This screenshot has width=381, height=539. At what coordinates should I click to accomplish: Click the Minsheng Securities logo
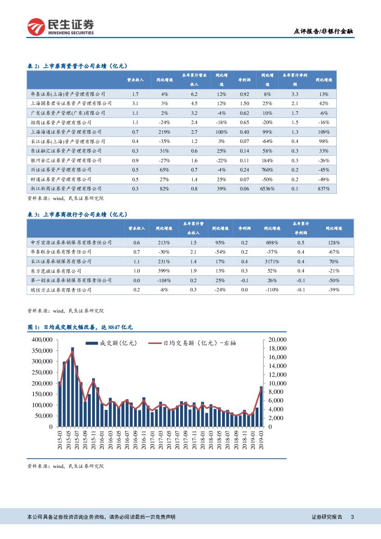(60, 27)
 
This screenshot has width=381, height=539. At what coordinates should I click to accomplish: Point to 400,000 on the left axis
(41, 339)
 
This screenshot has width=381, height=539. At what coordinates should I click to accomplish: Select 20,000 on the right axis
(277, 339)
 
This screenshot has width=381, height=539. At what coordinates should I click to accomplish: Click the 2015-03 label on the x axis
(60, 440)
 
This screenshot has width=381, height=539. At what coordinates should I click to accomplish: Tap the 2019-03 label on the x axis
(261, 440)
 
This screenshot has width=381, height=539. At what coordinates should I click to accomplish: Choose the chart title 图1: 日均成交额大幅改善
(81, 327)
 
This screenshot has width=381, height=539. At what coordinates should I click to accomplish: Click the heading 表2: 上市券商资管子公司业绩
(78, 66)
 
